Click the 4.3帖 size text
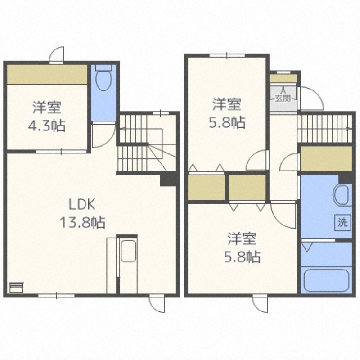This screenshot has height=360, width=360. click(x=47, y=126)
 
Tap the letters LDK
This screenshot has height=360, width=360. click(x=82, y=205)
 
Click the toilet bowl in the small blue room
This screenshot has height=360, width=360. click(x=104, y=81)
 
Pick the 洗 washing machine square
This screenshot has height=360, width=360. click(x=343, y=222)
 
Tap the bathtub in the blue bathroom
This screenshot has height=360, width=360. click(x=326, y=280)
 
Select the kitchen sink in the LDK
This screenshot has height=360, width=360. click(x=128, y=251)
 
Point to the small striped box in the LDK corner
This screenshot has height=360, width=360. click(x=16, y=287)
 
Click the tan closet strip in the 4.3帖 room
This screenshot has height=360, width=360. click(x=47, y=74)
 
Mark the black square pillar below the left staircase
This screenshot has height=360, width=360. click(x=169, y=180)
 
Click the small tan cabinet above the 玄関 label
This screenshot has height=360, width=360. click(x=283, y=78)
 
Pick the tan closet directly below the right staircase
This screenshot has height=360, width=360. click(x=326, y=158)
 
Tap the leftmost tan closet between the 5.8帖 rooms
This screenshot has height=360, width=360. click(x=206, y=188)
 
